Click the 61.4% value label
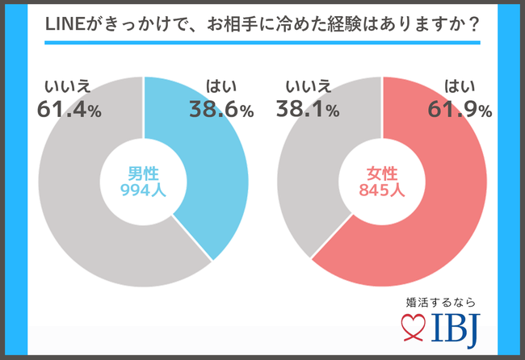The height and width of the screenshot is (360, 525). click(69, 111)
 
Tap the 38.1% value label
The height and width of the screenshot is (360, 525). click(307, 111)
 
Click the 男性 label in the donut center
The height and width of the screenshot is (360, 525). click(144, 172)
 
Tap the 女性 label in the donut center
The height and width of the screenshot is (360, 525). click(382, 172)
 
